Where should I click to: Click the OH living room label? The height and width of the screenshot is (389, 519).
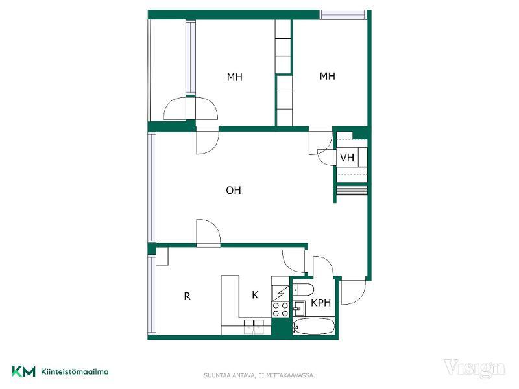pos(234,190)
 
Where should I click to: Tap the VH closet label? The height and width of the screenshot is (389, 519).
pos(347,158)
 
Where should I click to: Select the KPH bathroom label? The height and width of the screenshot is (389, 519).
pos(320,303)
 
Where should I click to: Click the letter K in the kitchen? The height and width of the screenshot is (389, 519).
pos(255,295)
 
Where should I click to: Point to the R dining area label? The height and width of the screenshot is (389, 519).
pos(187,296)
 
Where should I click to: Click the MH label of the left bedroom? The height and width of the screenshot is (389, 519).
pos(235,77)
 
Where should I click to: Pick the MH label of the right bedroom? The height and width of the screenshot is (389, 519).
pos(328,76)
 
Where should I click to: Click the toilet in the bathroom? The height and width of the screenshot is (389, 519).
pos(303,289)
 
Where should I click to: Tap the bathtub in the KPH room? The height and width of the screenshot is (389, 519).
pos(314,326)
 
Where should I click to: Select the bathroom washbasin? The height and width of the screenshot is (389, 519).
pos(299,309)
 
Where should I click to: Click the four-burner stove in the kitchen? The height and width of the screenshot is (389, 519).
pos(280,310)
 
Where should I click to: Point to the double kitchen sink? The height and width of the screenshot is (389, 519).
pos(254,326)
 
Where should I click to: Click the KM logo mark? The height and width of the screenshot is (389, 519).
pos(23,371)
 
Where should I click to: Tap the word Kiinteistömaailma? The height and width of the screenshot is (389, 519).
pos(75,371)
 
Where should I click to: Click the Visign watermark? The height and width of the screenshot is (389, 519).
pos(474,369)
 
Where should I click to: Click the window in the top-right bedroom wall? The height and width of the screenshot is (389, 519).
pos(343,15)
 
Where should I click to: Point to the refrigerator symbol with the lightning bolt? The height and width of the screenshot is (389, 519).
pos(280,293)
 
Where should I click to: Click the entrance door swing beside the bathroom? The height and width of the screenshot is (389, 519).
pos(354,290)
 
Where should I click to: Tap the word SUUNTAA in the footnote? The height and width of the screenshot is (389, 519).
pos(215,375)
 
